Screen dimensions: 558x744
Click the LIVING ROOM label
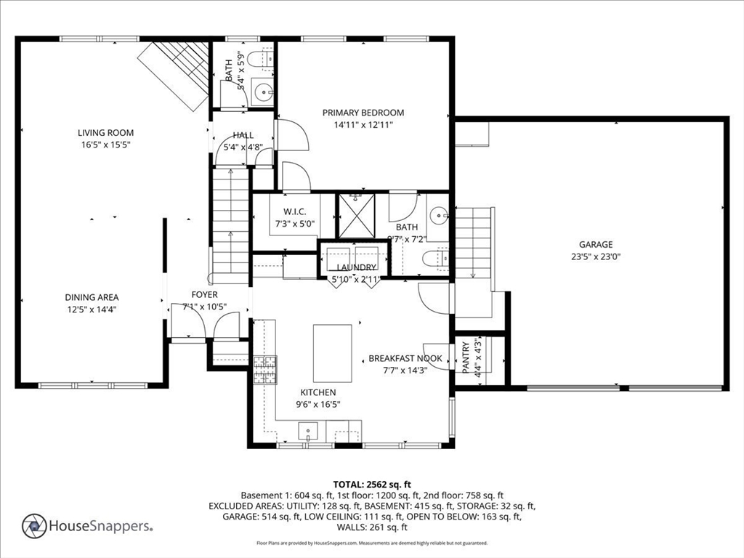[x=106, y=133]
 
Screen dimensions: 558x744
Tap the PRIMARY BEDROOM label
[x=363, y=113]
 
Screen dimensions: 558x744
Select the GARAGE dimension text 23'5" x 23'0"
[x=595, y=256]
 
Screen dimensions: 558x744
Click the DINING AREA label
[x=92, y=297]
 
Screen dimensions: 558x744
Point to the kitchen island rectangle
[x=332, y=353]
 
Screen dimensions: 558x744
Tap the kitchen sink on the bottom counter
[x=308, y=432]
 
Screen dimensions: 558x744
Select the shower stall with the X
[x=355, y=216]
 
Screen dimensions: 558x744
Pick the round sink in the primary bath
[x=437, y=215]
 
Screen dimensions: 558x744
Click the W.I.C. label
[x=295, y=211]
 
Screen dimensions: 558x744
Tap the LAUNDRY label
[x=354, y=268]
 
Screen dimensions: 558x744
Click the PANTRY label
[x=466, y=358]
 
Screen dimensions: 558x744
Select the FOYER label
[x=204, y=294]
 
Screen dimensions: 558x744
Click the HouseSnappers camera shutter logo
[x=34, y=526]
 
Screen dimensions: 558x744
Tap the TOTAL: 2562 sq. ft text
[x=372, y=484]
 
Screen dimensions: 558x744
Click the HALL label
[x=243, y=135]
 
